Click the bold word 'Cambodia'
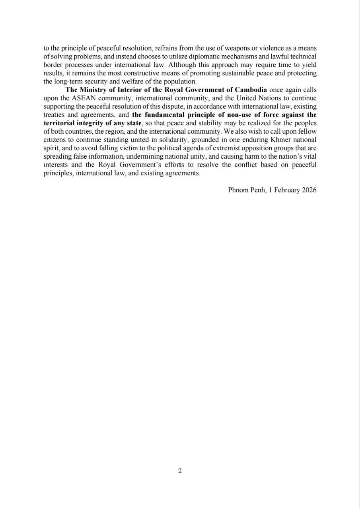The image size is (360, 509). coord(251,89)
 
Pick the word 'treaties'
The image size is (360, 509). coord(53,115)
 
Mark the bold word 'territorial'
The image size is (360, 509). coord(58,123)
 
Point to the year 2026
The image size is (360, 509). coord(309,190)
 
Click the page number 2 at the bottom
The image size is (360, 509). coord(180,471)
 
